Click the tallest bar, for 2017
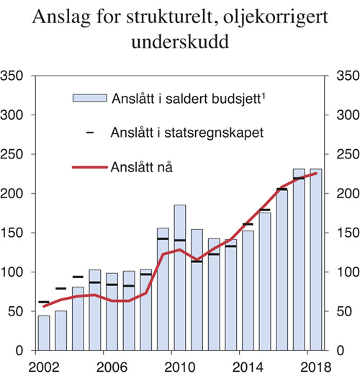(x=299, y=259)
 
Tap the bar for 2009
(x=163, y=289)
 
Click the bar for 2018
(x=315, y=259)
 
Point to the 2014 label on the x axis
(x=248, y=366)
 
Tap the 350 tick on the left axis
(x=14, y=76)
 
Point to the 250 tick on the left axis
(x=14, y=154)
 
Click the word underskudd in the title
(x=180, y=43)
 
